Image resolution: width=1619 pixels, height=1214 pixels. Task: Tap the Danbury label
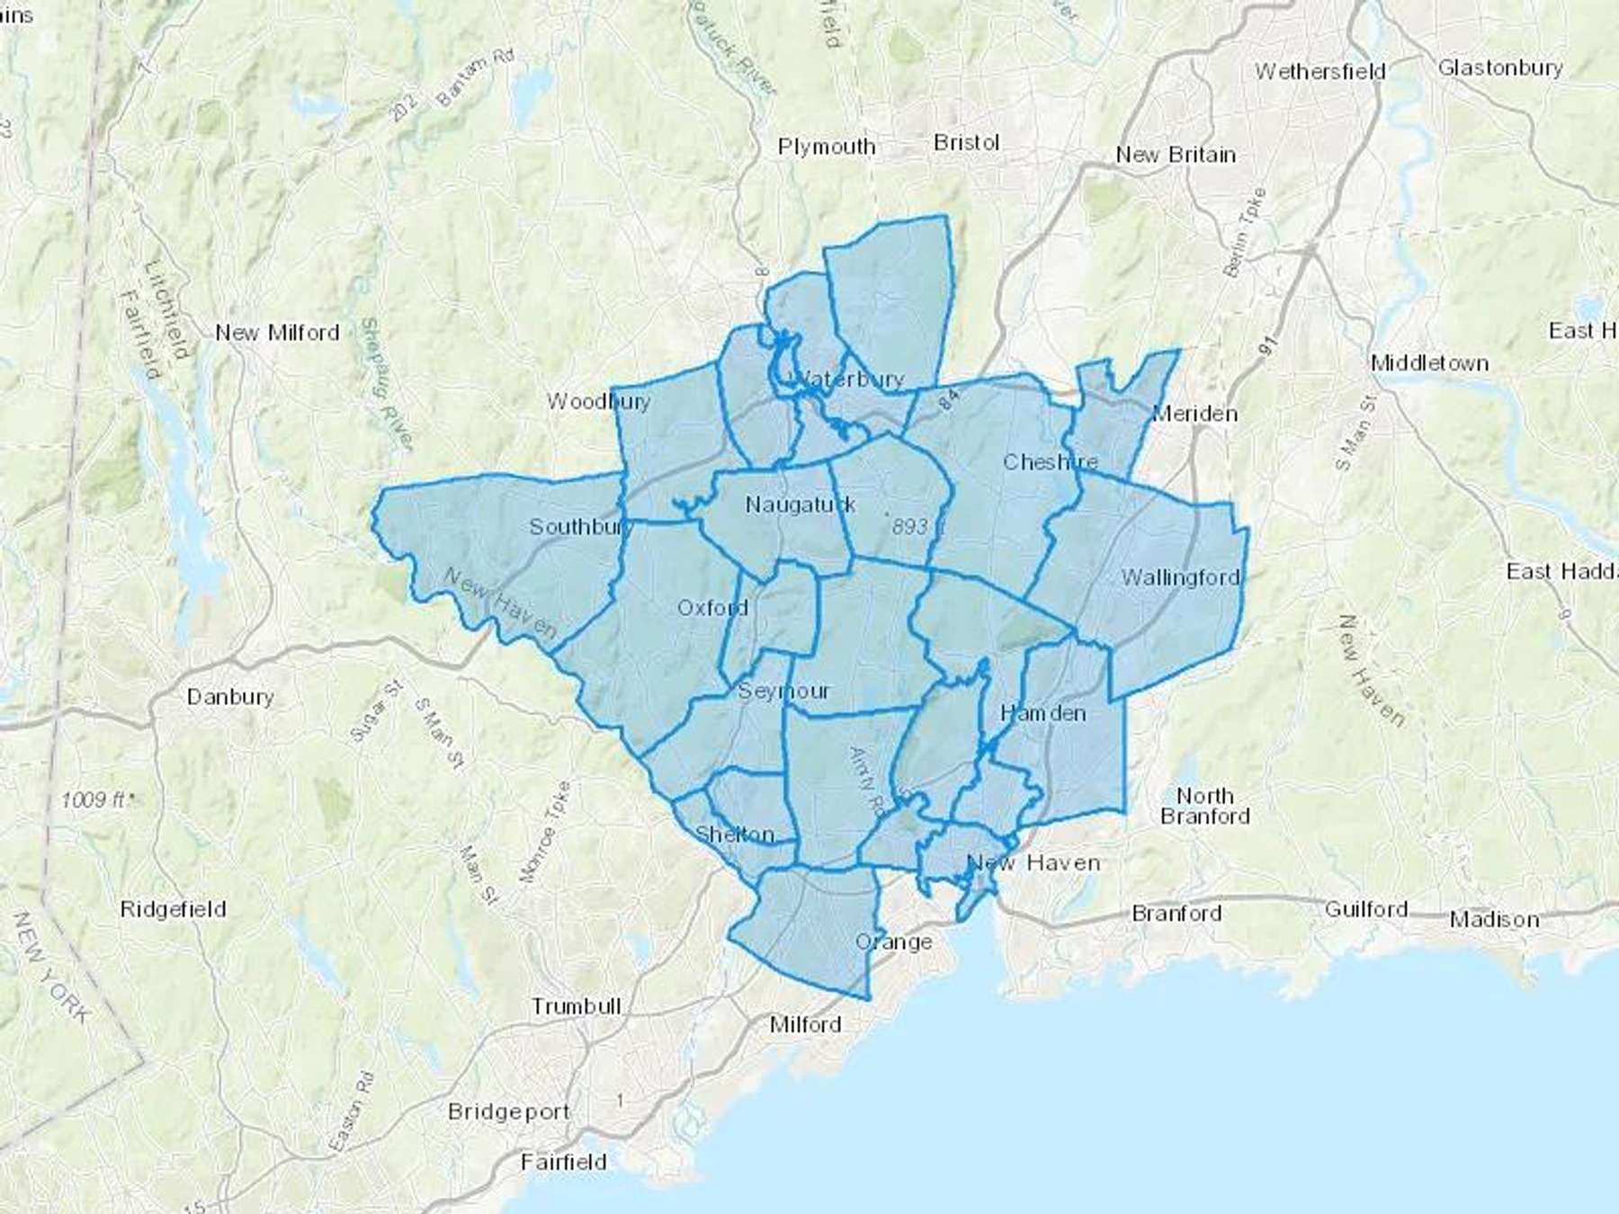(x=230, y=697)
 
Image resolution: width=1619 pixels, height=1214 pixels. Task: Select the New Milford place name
(x=277, y=333)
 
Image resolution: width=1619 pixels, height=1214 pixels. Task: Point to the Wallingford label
(x=1180, y=578)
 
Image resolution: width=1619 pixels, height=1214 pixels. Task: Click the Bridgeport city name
(x=508, y=1112)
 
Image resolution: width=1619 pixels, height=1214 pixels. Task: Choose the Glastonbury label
(x=1500, y=68)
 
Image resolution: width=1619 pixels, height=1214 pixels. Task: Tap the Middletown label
(x=1429, y=363)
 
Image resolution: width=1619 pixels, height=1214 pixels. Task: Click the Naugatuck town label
(x=801, y=505)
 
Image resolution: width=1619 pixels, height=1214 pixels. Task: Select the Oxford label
(x=712, y=609)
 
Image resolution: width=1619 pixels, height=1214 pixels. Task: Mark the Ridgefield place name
(x=173, y=909)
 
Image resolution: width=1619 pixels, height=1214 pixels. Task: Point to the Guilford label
(x=1365, y=910)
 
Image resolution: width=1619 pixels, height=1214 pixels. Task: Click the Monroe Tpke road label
(x=545, y=831)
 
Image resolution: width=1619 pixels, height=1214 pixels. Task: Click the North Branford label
(x=1205, y=806)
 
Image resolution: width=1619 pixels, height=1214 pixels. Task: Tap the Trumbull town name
(x=576, y=1006)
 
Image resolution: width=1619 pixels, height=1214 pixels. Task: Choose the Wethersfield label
(x=1319, y=71)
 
